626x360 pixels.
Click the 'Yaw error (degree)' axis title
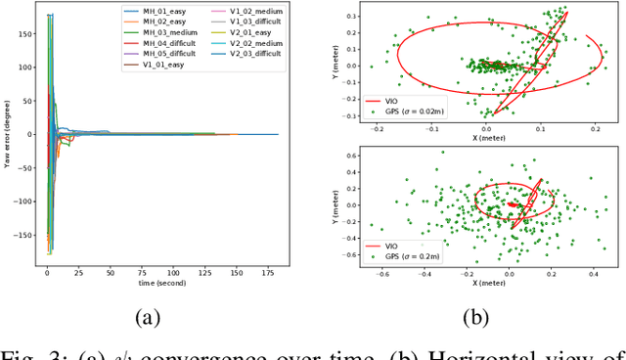click(9, 133)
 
